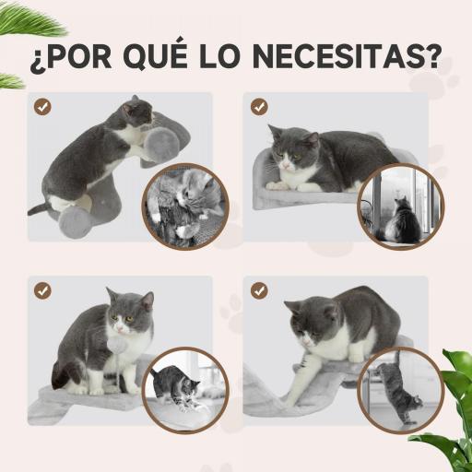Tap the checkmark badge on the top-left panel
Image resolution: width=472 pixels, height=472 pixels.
click(43, 106)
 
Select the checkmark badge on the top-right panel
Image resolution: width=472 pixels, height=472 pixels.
click(259, 106)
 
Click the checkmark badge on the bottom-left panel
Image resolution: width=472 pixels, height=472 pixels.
click(43, 290)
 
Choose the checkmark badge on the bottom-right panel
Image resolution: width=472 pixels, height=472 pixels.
click(259, 290)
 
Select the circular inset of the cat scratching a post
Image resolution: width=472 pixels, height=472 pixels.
click(399, 388)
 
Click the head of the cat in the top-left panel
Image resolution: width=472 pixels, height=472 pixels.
click(137, 112)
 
